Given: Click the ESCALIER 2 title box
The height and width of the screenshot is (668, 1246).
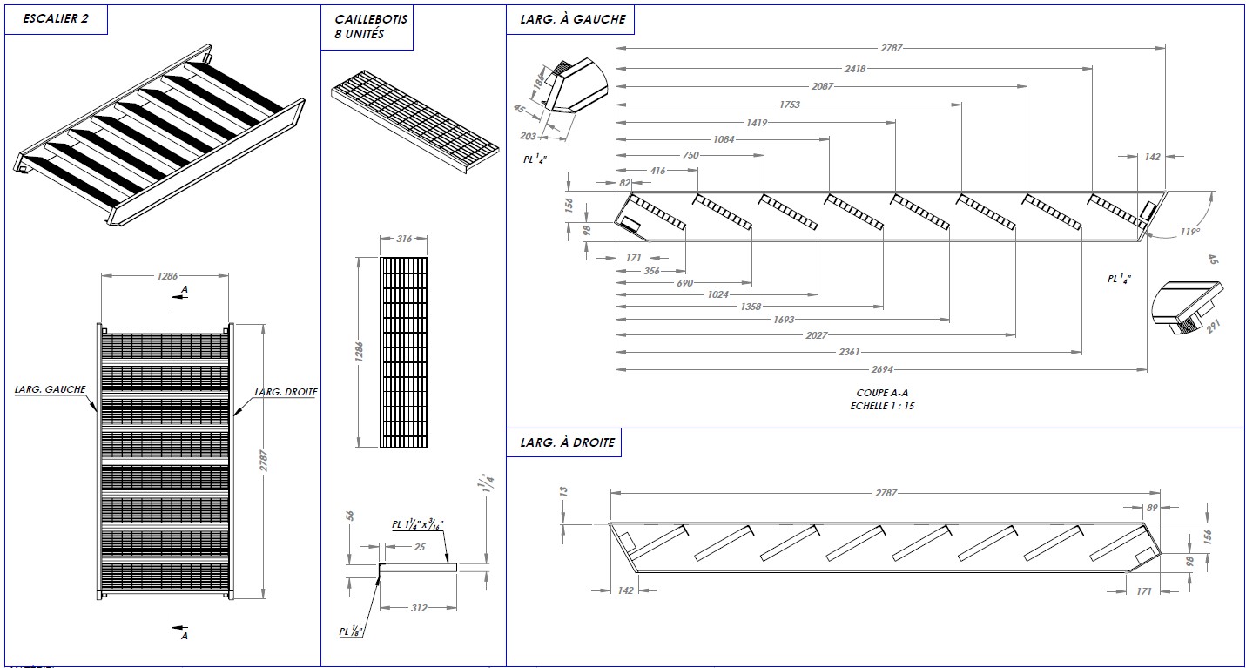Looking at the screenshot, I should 56,19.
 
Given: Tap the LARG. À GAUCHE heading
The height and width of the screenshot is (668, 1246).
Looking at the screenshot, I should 572,19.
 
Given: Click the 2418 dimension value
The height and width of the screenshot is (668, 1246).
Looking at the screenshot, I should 855,68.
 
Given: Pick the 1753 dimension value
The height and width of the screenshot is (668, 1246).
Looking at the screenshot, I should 790,105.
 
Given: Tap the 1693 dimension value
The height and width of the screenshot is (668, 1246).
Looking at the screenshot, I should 784,320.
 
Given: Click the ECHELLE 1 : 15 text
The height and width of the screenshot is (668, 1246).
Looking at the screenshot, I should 882,406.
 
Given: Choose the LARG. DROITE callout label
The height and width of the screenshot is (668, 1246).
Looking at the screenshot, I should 285,392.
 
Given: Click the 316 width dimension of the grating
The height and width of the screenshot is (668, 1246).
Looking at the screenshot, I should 403,238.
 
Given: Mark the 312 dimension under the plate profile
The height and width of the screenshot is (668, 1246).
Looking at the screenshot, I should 419,607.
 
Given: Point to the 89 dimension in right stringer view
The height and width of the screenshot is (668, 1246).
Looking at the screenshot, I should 1152,507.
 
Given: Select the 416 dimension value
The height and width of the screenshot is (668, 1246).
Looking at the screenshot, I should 657,171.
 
